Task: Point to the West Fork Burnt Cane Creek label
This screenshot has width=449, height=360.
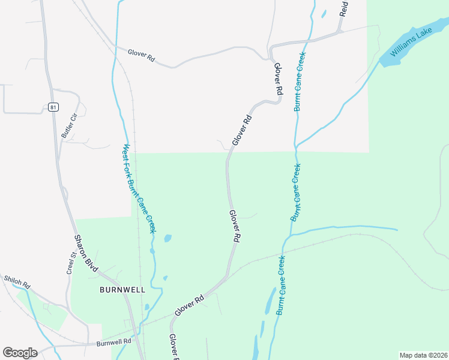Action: click(x=139, y=188)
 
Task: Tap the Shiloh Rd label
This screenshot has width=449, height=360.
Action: click(x=17, y=282)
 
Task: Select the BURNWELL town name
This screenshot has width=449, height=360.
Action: click(x=122, y=289)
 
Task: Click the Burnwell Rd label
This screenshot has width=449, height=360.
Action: click(x=113, y=343)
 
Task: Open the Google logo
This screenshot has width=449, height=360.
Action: click(x=20, y=353)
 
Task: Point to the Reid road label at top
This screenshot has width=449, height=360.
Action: click(x=343, y=8)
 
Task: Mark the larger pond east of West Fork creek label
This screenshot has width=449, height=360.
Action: click(x=167, y=238)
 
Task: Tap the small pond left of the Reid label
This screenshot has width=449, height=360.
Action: click(x=324, y=13)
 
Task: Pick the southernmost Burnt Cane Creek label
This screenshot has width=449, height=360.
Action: click(x=280, y=286)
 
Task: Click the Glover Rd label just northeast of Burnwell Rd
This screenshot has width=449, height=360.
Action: click(x=189, y=305)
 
